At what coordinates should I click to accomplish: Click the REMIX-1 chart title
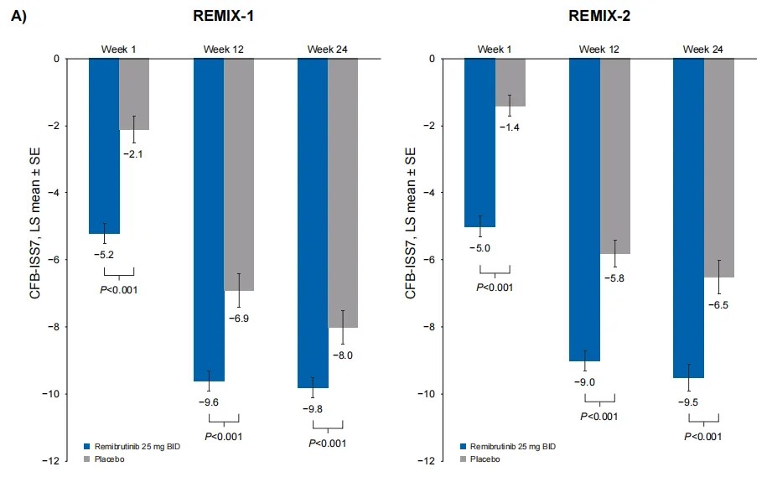[x=221, y=16]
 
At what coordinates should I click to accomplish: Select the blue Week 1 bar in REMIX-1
[x=104, y=146]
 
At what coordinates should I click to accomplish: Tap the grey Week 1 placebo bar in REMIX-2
[x=510, y=82]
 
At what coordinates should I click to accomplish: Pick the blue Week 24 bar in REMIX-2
[x=688, y=218]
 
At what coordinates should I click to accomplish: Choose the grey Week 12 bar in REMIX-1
[x=239, y=174]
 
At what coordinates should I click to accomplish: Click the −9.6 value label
[x=208, y=402]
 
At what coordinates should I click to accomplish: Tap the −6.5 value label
[x=718, y=305]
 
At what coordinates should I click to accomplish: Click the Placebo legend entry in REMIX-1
[x=106, y=459]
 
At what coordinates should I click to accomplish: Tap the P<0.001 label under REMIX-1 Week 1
[x=119, y=290]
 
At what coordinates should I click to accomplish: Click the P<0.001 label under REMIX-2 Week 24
[x=703, y=437]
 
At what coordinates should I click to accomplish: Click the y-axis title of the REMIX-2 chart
[x=410, y=222]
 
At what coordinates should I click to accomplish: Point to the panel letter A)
[x=18, y=16]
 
